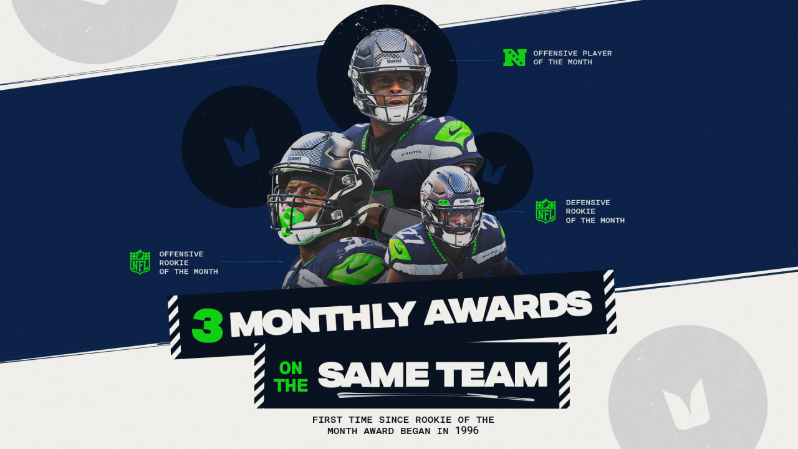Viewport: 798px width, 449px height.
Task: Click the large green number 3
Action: [207, 324]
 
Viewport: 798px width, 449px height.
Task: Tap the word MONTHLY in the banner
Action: [324, 316]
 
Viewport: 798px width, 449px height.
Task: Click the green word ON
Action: [291, 368]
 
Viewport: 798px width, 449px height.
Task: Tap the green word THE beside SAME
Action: [291, 385]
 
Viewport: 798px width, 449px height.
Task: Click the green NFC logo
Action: [515, 57]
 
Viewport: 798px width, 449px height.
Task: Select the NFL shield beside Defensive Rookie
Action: [546, 211]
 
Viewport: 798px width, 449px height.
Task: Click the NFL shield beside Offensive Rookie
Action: [140, 262]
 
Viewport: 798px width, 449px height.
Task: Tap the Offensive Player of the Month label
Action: [572, 57]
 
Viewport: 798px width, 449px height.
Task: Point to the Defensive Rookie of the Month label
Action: [595, 211]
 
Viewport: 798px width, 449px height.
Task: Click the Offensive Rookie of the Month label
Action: [188, 263]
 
